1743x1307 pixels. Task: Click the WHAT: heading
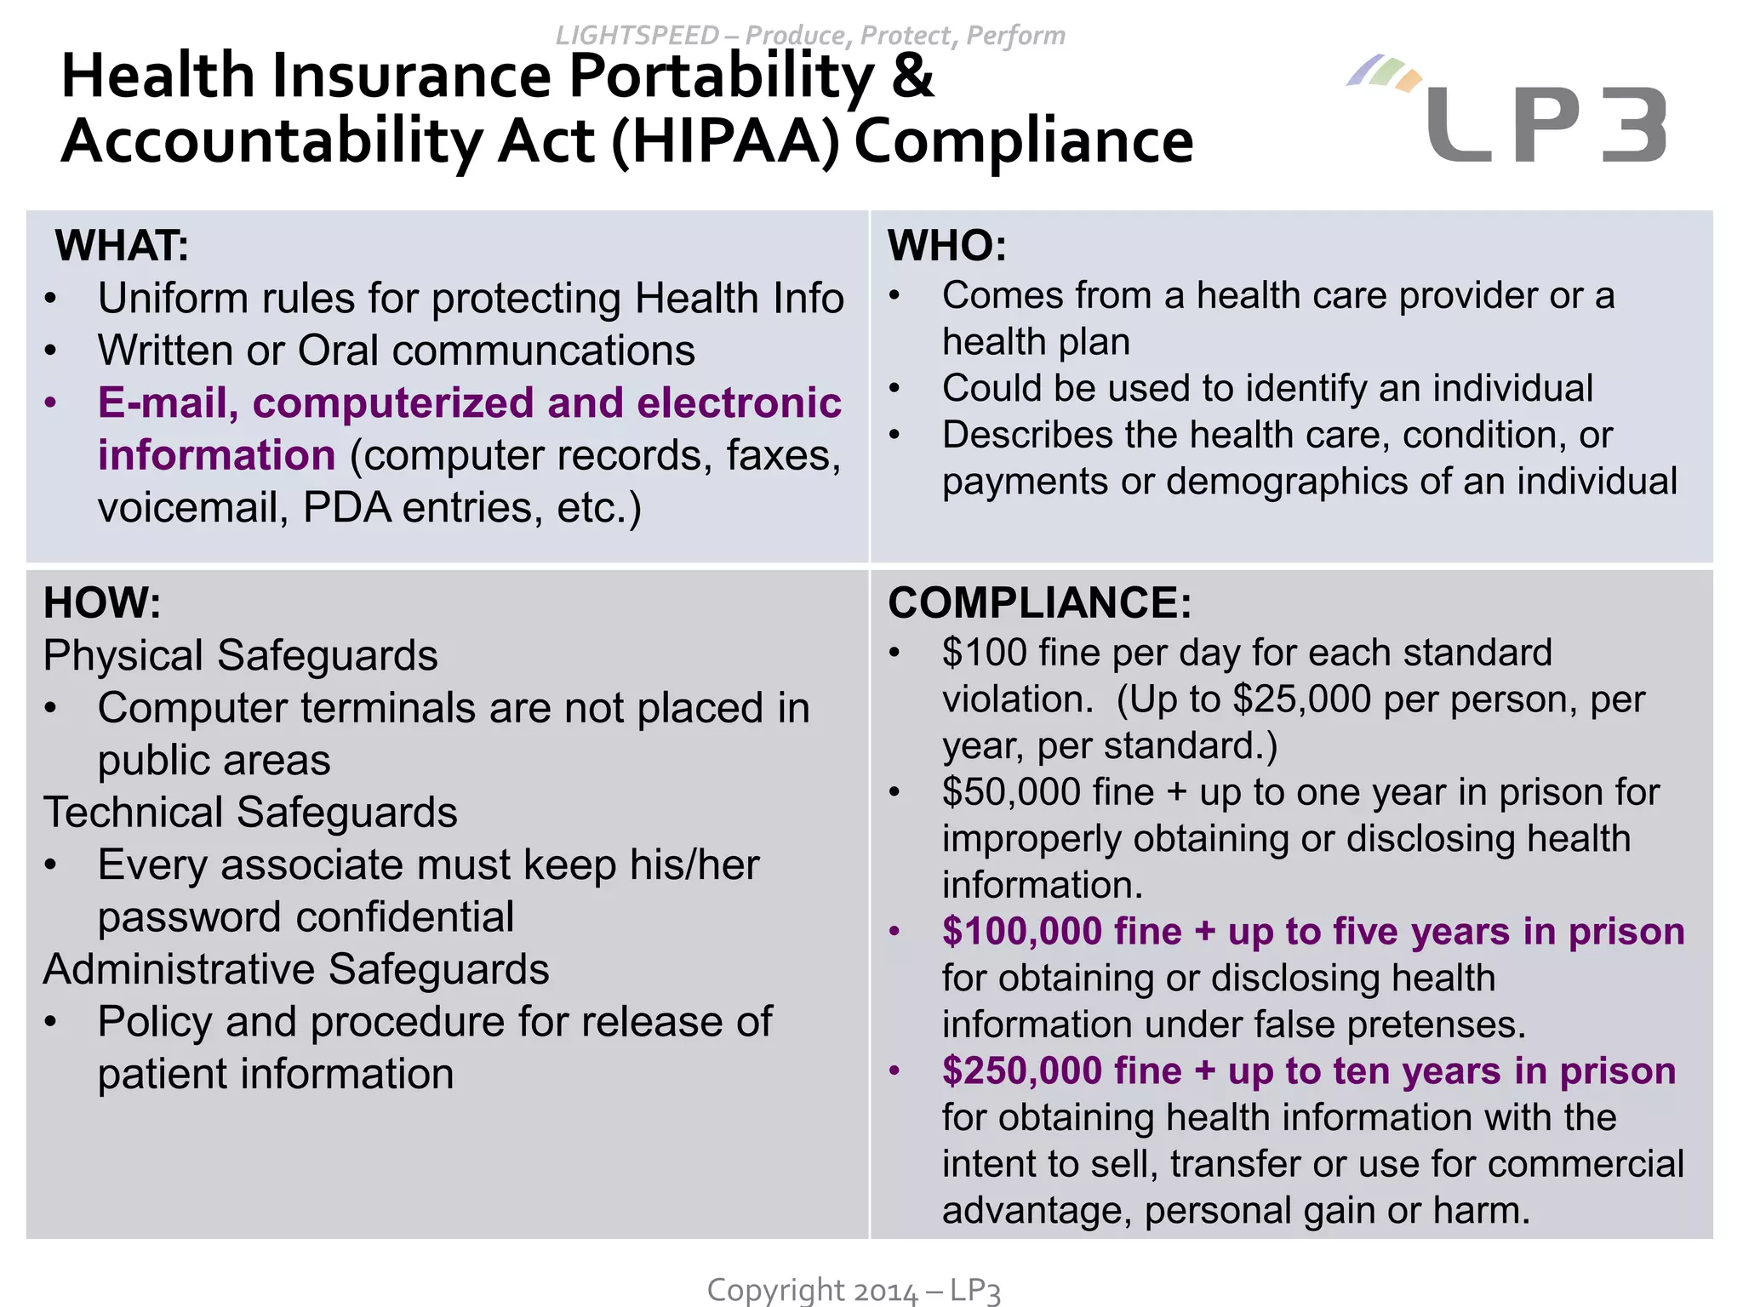(122, 246)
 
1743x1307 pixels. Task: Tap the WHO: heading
(947, 246)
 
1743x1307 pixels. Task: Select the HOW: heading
(102, 602)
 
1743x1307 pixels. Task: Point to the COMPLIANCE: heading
(1039, 602)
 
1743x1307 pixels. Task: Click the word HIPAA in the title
(725, 141)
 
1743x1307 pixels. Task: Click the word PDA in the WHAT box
(346, 508)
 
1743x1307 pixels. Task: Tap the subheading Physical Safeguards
(240, 656)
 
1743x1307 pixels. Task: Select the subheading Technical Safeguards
(250, 813)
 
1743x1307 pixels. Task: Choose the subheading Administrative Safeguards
(296, 969)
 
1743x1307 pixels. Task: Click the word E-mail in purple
(168, 403)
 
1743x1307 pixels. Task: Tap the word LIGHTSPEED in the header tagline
(637, 36)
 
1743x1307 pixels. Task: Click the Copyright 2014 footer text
(854, 1290)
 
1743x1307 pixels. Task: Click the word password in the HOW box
(190, 917)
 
